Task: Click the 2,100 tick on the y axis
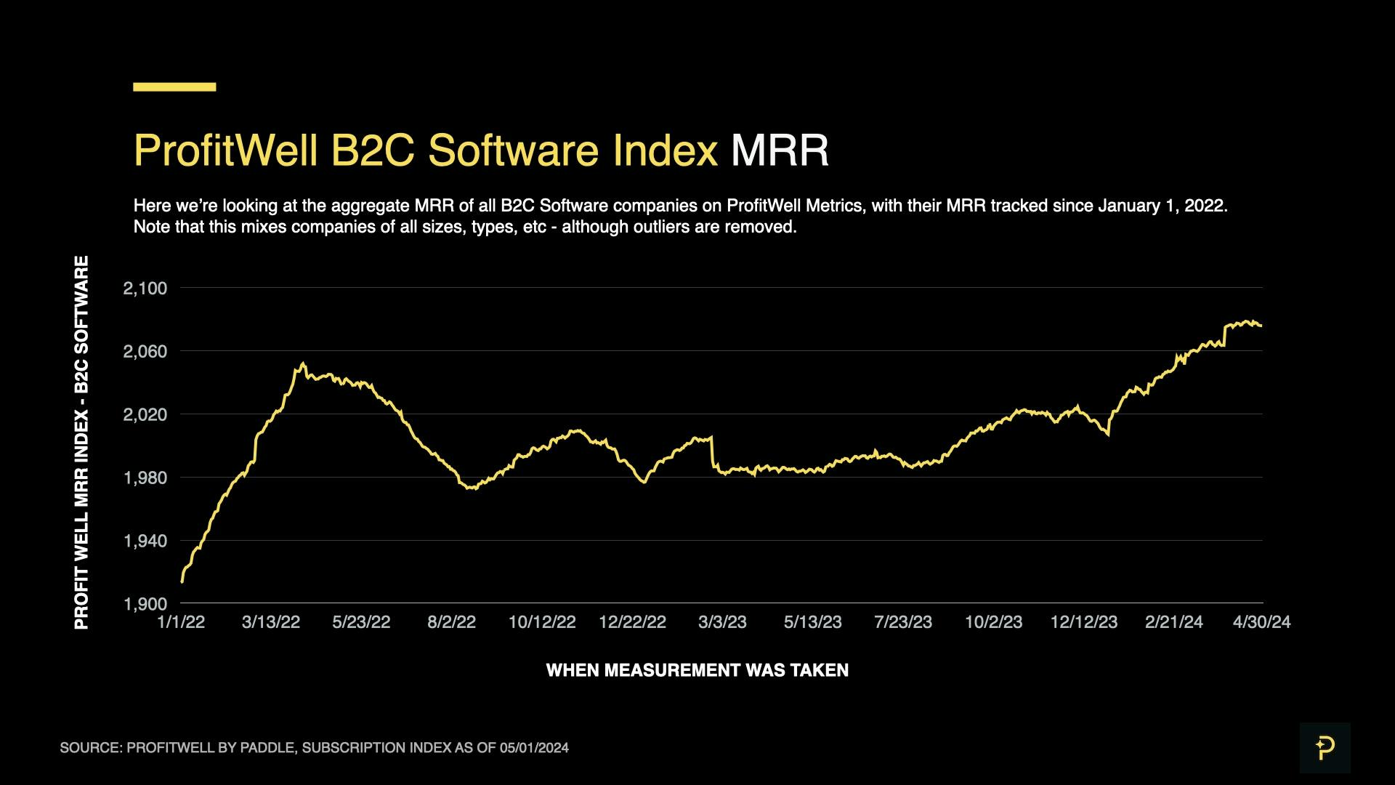(145, 289)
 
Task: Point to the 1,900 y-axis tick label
(145, 604)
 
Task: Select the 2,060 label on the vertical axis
(145, 352)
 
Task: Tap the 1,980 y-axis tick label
(145, 478)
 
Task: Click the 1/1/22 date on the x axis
(181, 622)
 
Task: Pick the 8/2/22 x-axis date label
(451, 622)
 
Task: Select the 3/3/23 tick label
(722, 622)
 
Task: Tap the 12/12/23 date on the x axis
(1083, 622)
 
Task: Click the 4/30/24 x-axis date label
(1261, 622)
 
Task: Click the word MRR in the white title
(780, 151)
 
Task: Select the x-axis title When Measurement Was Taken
(697, 670)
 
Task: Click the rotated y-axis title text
(81, 442)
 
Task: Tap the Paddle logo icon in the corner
(1325, 748)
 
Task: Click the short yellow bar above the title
(174, 86)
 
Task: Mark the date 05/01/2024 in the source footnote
(534, 748)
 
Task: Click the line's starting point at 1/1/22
(182, 581)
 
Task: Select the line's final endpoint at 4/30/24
(1261, 326)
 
